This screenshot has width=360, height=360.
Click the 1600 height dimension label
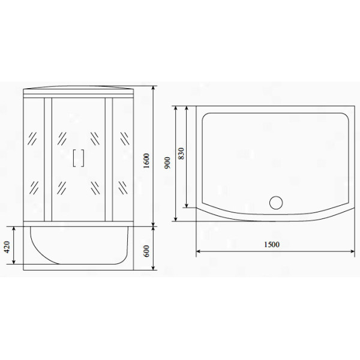(146, 161)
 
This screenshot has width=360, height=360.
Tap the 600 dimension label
(146, 251)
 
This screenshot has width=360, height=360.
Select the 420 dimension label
(7, 247)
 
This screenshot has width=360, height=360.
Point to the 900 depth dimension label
(168, 163)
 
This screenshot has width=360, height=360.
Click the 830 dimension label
(181, 154)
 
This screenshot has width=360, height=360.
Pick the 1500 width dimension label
(272, 245)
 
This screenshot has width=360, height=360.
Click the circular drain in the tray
(276, 203)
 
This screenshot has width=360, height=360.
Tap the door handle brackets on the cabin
(79, 158)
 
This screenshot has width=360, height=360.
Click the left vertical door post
(48, 160)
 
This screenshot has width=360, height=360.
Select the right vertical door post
(109, 160)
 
